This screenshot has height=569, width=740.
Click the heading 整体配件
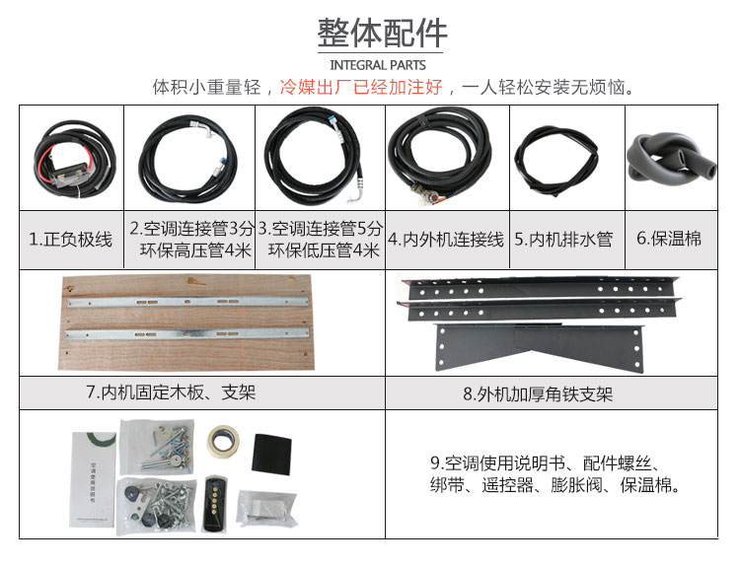click(x=382, y=33)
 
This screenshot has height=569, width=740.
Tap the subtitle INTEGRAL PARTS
click(x=378, y=65)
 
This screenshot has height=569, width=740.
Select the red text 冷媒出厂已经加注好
click(x=361, y=87)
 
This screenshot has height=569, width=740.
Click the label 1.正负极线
click(x=71, y=240)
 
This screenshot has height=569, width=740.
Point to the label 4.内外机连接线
click(x=446, y=240)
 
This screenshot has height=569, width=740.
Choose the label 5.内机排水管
click(x=564, y=240)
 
